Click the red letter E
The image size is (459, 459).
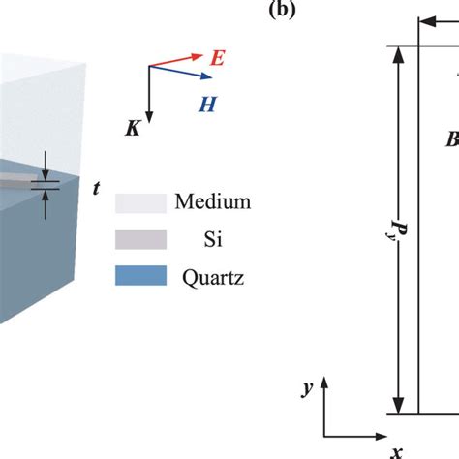[x=218, y=58]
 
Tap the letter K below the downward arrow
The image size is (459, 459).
[x=134, y=127]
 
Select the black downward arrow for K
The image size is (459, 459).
[x=148, y=91]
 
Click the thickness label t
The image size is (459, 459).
[x=95, y=190]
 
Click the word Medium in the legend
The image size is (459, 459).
[x=213, y=203]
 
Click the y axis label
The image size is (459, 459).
[x=306, y=387]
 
